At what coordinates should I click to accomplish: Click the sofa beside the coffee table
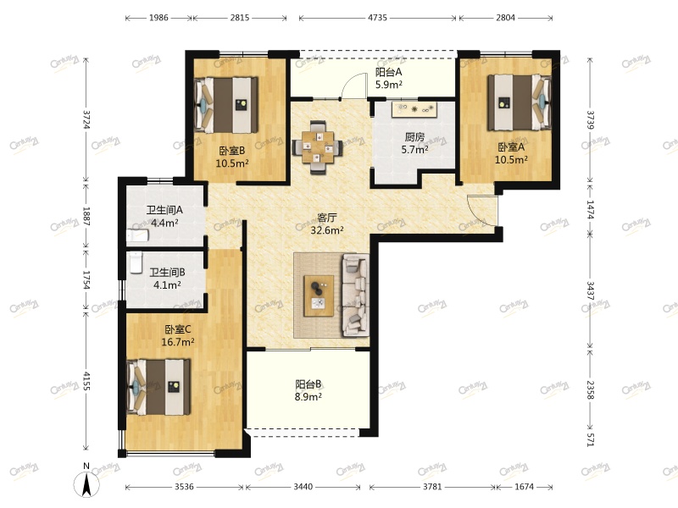point(354,295)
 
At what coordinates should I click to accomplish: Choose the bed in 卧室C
point(159,386)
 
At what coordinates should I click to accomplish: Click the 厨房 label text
point(414,137)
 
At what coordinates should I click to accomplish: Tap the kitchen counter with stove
point(414,110)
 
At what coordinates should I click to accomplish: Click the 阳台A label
point(388,72)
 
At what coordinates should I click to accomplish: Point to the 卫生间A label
point(164,210)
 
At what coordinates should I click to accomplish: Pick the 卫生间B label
point(167,273)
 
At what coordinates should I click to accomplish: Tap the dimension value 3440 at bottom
point(307,487)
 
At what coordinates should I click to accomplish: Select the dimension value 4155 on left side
point(86,383)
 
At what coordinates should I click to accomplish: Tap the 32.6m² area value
point(326,229)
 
